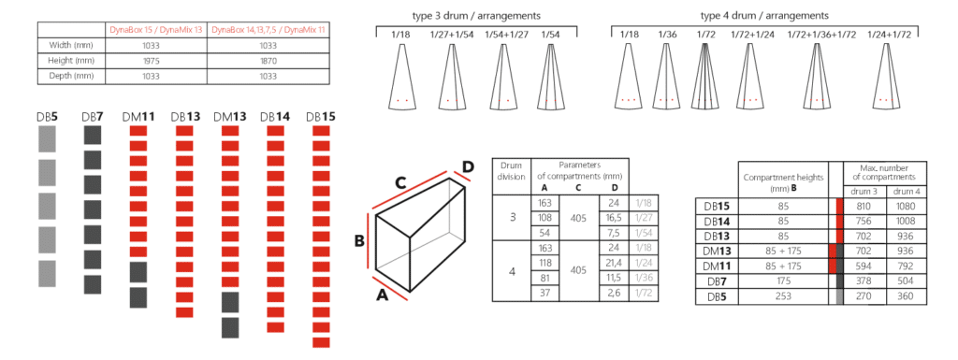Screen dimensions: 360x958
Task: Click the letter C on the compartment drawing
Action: click(399, 184)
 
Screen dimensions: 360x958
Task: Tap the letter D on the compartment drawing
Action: click(469, 166)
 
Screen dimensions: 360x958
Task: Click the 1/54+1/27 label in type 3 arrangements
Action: click(510, 35)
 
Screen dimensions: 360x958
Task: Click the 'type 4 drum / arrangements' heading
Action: click(763, 16)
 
